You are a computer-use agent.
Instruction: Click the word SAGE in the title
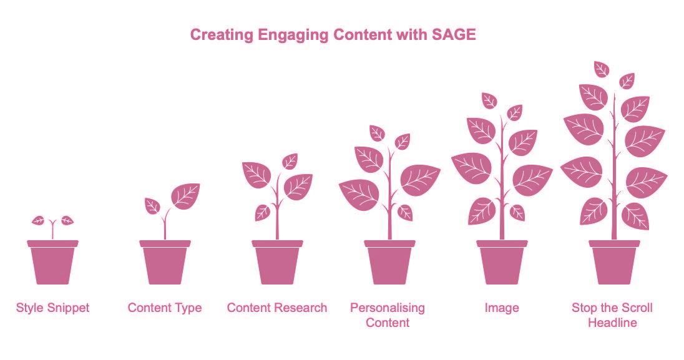pyautogui.click(x=454, y=34)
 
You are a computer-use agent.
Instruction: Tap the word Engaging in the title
pyautogui.click(x=293, y=35)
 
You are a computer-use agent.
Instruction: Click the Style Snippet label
pyautogui.click(x=53, y=308)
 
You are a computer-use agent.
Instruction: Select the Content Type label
pyautogui.click(x=165, y=308)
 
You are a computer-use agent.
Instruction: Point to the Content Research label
pyautogui.click(x=277, y=308)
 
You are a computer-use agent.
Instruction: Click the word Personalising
pyautogui.click(x=388, y=308)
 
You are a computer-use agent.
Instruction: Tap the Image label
pyautogui.click(x=502, y=308)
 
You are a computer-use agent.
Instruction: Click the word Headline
pyautogui.click(x=612, y=323)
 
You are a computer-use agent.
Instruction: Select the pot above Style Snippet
pyautogui.click(x=53, y=262)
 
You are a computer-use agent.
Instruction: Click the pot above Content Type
pyautogui.click(x=165, y=262)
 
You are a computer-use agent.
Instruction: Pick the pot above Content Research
pyautogui.click(x=278, y=262)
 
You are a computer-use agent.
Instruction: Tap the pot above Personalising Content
pyautogui.click(x=389, y=262)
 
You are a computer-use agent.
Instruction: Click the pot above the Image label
pyautogui.click(x=502, y=262)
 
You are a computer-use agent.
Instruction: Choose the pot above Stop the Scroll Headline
pyautogui.click(x=614, y=262)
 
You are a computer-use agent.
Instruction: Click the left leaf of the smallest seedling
pyautogui.click(x=39, y=220)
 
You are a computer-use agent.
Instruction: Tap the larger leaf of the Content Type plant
pyautogui.click(x=185, y=196)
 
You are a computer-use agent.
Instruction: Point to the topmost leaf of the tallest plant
pyautogui.click(x=602, y=69)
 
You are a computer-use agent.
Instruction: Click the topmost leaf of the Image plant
pyautogui.click(x=489, y=101)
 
